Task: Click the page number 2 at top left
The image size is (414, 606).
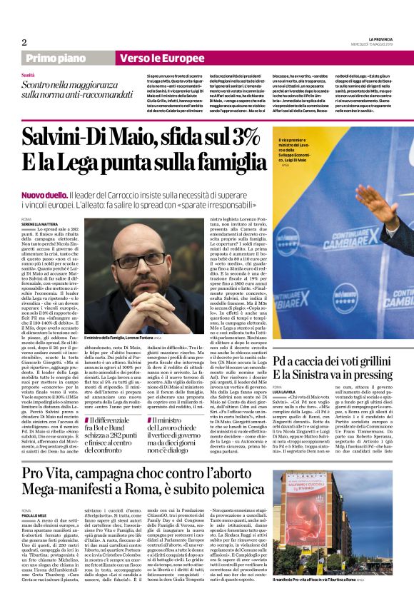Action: click(x=24, y=42)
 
